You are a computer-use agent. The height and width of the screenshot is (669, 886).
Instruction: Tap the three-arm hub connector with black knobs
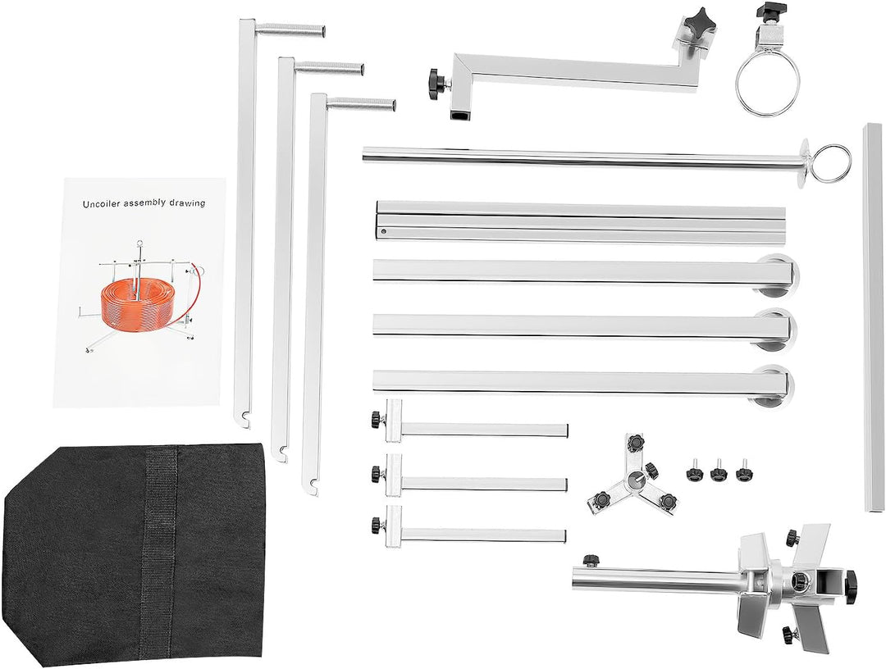tap(632, 477)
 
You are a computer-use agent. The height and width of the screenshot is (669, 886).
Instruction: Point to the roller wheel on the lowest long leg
tap(776, 387)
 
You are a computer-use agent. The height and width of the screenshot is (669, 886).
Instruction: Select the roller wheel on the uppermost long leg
tap(776, 276)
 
